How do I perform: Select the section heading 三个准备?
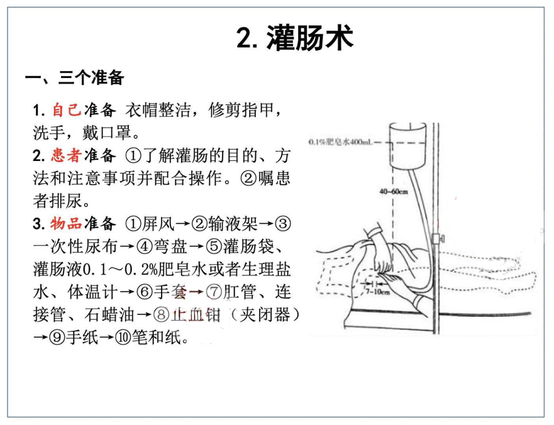[x=91, y=78]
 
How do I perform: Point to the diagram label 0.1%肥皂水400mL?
[x=341, y=142]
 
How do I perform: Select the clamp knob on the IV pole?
[x=438, y=238]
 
